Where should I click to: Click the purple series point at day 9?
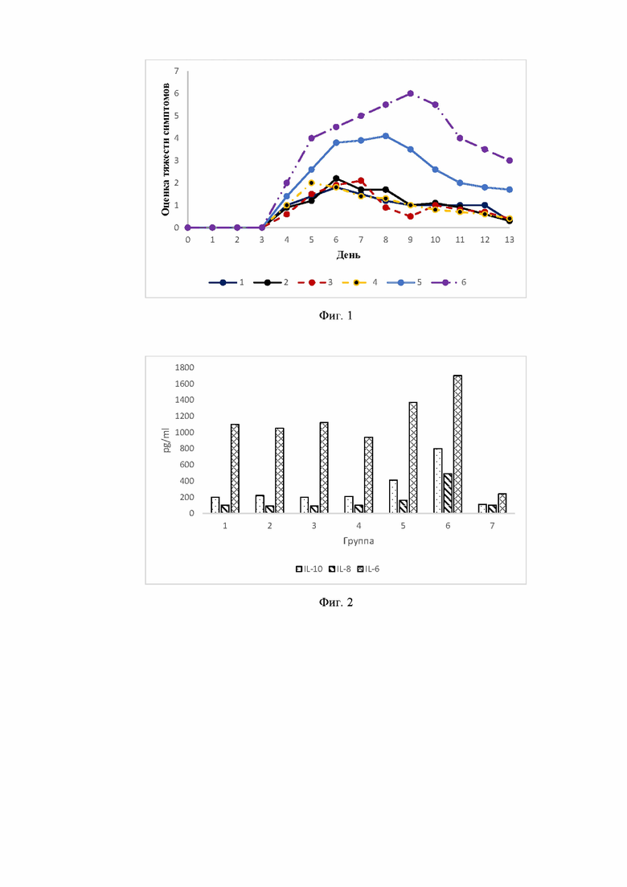click(x=411, y=93)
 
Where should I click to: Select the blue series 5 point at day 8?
click(x=386, y=136)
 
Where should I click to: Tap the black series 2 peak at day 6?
click(x=336, y=179)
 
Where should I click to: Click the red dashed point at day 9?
click(x=411, y=216)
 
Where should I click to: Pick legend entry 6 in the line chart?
click(x=449, y=282)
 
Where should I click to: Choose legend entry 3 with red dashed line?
click(x=315, y=282)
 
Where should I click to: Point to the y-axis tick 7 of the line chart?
click(x=176, y=72)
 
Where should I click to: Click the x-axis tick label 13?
click(x=510, y=240)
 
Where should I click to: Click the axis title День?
click(x=348, y=255)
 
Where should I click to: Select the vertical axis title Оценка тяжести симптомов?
click(x=166, y=150)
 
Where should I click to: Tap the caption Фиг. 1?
click(x=336, y=316)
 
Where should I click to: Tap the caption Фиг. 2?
click(x=336, y=602)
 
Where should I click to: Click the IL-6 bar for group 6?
click(x=458, y=444)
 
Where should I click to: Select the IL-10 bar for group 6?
click(x=437, y=481)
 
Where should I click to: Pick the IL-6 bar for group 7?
click(x=502, y=503)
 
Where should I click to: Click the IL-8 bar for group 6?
click(x=448, y=493)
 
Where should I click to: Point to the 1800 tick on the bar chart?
click(x=184, y=368)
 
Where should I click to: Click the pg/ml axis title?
click(x=166, y=440)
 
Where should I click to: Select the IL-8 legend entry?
click(x=340, y=569)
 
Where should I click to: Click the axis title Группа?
click(x=359, y=540)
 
